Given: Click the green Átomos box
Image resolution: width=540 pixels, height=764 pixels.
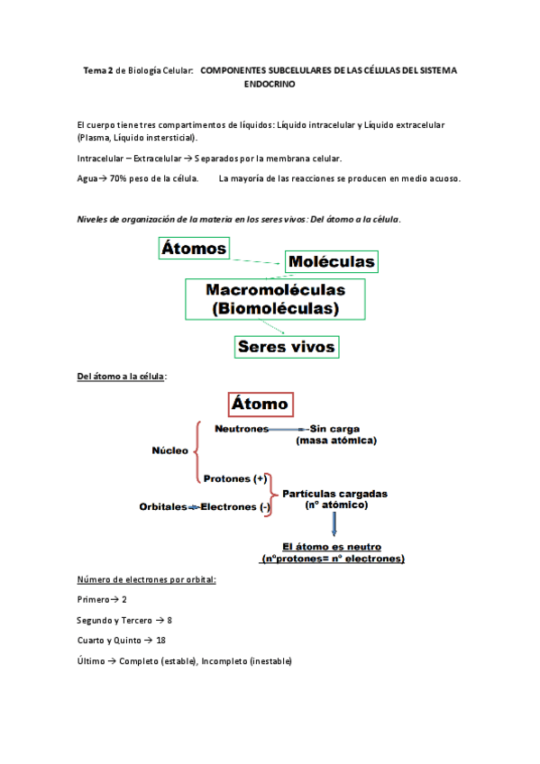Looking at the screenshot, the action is click(194, 248).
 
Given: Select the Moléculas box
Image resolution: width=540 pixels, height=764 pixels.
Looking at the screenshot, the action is click(331, 261).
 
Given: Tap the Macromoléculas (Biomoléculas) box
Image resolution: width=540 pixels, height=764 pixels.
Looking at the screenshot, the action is click(275, 299).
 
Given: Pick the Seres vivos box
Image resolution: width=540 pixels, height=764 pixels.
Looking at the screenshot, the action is click(286, 346).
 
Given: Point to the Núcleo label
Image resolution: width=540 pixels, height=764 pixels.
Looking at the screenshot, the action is click(170, 450).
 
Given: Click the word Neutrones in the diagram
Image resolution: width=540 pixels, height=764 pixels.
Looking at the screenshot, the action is click(241, 429).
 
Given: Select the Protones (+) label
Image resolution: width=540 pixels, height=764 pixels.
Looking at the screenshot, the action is click(235, 478).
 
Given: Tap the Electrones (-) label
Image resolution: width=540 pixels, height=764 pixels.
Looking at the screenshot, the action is click(235, 507).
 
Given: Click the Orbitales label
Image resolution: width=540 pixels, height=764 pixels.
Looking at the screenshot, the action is click(162, 507).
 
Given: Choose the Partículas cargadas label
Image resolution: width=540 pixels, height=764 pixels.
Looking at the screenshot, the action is click(335, 494).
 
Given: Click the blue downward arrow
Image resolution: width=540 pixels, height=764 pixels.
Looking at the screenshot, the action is click(334, 525).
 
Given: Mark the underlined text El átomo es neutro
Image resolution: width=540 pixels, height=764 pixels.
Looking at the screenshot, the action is click(332, 546).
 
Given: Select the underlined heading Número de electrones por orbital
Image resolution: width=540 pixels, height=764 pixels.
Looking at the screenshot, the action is click(147, 578).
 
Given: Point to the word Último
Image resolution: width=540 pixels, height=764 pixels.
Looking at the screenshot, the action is click(91, 661).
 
